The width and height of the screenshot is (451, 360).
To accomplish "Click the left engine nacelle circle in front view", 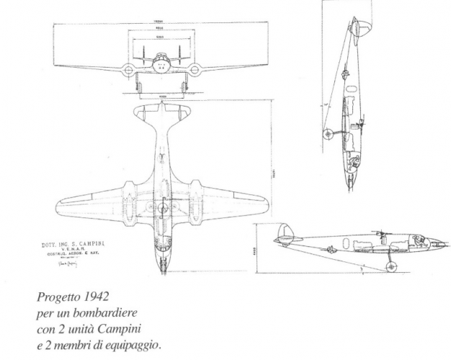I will tap(129, 71).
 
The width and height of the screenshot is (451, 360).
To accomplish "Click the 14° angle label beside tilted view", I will tap(326, 105).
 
